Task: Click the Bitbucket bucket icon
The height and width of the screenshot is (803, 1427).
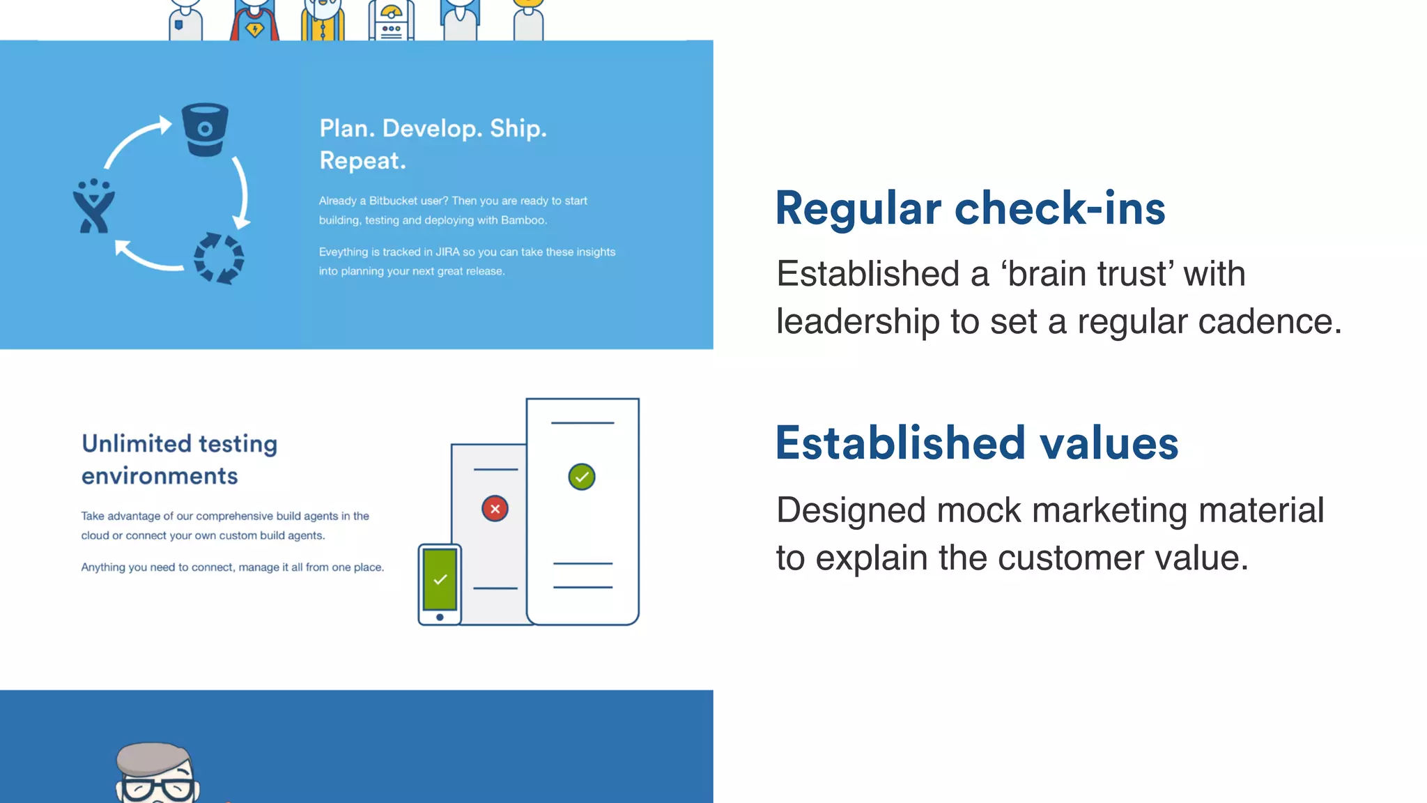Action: tap(205, 130)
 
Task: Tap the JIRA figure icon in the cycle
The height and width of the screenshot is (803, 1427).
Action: tap(94, 207)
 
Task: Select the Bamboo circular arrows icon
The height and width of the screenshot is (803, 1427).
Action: tap(219, 259)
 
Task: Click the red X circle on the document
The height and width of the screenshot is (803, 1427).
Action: tap(495, 509)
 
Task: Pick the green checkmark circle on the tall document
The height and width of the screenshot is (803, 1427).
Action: tap(582, 477)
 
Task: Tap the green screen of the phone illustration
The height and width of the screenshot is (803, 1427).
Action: tap(440, 579)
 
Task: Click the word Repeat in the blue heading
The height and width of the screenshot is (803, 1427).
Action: tap(362, 161)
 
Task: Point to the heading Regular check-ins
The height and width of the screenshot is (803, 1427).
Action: tap(970, 208)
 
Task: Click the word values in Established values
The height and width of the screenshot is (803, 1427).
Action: tap(1109, 443)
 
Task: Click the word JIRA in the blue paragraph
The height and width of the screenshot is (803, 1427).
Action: tap(447, 252)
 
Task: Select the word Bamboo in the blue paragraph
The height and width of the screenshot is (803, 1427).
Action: tap(523, 220)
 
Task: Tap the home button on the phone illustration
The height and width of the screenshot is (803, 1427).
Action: tap(440, 617)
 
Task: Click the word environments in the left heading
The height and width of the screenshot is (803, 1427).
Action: tap(160, 476)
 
